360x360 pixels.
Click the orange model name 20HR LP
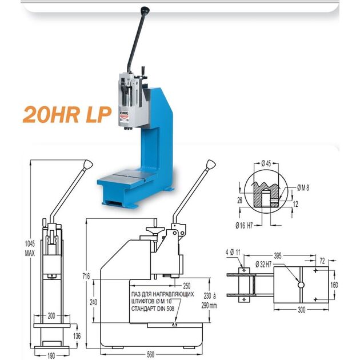[67, 114]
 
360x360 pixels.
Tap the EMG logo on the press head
[125, 114]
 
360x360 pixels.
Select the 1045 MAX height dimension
[30, 249]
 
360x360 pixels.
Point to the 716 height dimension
[86, 276]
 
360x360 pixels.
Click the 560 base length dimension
[150, 354]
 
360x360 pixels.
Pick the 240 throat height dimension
[93, 302]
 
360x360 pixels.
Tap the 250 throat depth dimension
[187, 286]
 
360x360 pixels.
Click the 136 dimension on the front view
[77, 336]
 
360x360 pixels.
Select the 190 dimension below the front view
[51, 355]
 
